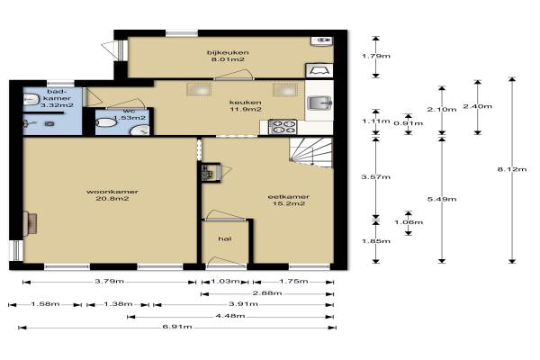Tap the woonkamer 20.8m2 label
(112, 195)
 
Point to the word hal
(224, 238)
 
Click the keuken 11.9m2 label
(246, 106)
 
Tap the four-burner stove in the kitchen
(283, 127)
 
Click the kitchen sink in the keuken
(319, 103)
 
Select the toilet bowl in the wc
(105, 122)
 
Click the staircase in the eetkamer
(310, 152)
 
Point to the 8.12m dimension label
(512, 169)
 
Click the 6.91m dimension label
(177, 327)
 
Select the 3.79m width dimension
(110, 282)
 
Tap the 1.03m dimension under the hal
(225, 282)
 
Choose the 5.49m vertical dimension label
(442, 199)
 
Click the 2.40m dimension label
(478, 106)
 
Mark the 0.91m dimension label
(409, 123)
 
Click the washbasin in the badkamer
(31, 100)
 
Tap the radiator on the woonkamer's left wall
(30, 224)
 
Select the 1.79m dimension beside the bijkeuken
(376, 56)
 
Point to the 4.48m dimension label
(230, 316)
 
